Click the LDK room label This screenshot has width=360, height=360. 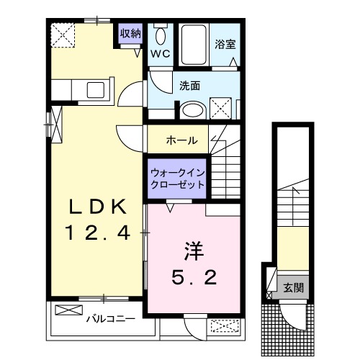pyautogui.click(x=98, y=207)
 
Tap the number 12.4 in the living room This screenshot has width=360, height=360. pyautogui.click(x=98, y=233)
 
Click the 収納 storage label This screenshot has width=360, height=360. pyautogui.click(x=130, y=33)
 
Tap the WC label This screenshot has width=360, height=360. pyautogui.click(x=160, y=53)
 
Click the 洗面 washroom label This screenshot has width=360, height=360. pyautogui.click(x=189, y=85)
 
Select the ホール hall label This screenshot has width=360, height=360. pyautogui.click(x=181, y=140)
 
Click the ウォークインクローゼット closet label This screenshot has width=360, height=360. pyautogui.click(x=176, y=179)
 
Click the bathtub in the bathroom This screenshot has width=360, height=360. pyautogui.click(x=192, y=45)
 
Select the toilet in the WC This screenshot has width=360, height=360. pyautogui.click(x=160, y=36)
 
